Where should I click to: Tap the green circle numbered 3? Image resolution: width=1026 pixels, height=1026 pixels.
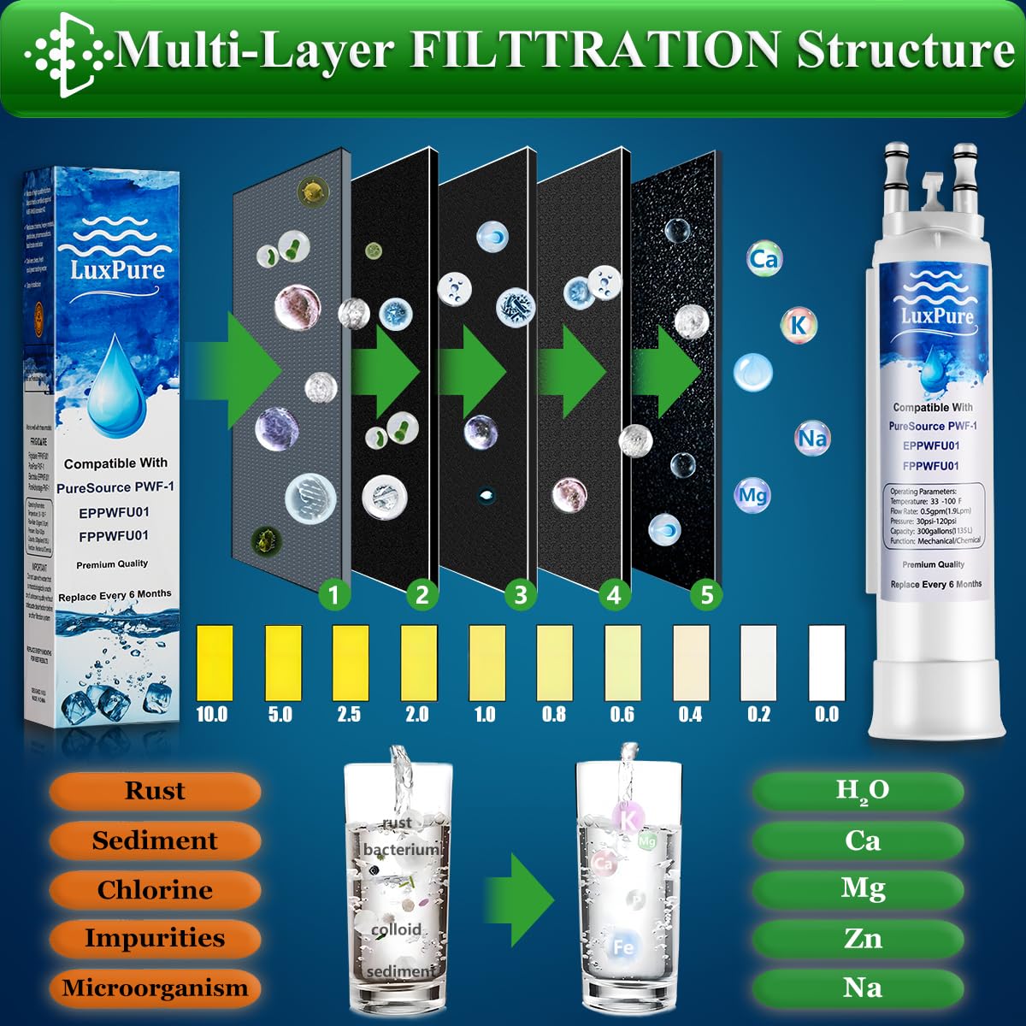tap(520, 594)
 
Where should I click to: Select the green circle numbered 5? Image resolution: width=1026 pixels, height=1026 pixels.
tap(706, 594)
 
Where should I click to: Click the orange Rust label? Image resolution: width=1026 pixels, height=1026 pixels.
tap(155, 791)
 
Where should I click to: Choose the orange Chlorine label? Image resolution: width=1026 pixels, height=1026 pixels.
tap(155, 890)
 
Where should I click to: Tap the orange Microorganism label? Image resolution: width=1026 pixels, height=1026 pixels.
tap(155, 988)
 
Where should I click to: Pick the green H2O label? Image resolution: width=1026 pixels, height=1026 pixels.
tap(861, 791)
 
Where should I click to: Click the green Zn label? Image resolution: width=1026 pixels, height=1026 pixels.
tap(861, 939)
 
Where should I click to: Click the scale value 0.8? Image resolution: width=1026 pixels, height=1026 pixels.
tap(554, 714)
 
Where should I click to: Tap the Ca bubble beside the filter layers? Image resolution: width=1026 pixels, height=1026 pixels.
tap(764, 258)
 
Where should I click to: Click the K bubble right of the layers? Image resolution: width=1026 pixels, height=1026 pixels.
tap(799, 324)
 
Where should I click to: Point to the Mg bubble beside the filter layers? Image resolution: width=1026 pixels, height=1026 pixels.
tap(752, 495)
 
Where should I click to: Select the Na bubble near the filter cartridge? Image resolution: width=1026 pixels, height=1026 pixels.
tap(812, 439)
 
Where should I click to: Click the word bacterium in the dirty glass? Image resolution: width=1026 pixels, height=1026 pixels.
tap(400, 850)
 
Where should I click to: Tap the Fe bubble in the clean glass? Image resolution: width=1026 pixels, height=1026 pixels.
tap(622, 946)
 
